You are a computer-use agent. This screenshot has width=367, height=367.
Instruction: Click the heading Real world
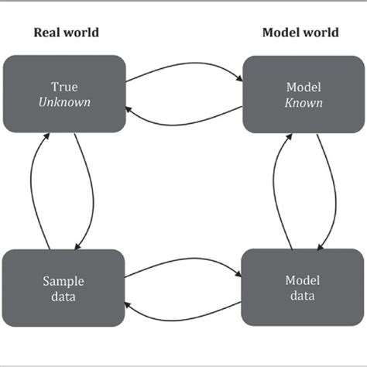click(66, 33)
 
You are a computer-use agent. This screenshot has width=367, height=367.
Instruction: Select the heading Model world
click(300, 33)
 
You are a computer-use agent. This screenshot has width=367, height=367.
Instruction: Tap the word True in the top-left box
click(64, 87)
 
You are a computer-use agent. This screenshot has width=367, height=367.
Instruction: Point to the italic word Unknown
click(64, 101)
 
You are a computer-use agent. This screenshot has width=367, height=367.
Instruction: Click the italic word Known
click(304, 101)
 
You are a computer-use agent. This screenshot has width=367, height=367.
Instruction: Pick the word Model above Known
click(304, 87)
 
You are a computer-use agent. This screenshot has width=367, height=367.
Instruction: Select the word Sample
click(64, 281)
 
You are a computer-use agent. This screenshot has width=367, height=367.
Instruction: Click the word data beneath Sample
click(64, 295)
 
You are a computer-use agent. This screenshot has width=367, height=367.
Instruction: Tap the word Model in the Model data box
click(303, 281)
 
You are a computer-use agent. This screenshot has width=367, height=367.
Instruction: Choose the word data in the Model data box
click(303, 295)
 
